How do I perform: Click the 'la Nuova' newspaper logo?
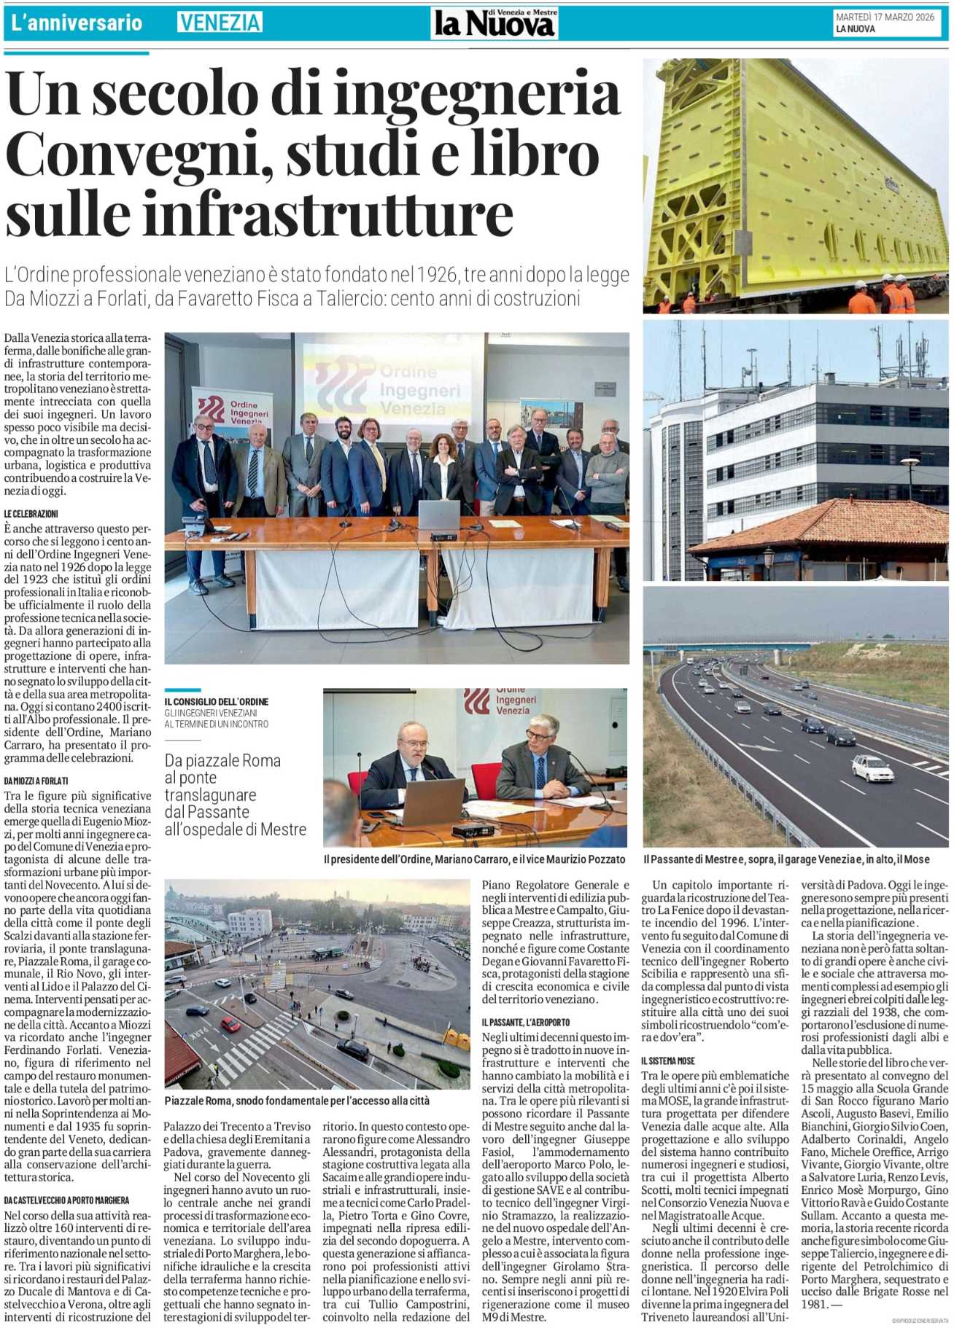coord(495,23)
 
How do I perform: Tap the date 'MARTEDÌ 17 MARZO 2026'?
coord(884,17)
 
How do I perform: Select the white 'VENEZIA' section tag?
coord(220,23)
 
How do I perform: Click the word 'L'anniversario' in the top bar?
coord(76,23)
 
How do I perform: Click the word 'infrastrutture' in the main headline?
coord(260,213)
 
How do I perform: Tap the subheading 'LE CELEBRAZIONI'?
coord(31,514)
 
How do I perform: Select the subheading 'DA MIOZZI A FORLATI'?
coord(36,781)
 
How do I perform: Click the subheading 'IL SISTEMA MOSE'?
coord(668,1061)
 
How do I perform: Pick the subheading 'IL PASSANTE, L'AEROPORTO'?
coord(525,1023)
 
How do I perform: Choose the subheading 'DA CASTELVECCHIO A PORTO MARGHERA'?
coord(66,1200)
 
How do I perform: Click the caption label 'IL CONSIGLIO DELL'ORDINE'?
coord(216,701)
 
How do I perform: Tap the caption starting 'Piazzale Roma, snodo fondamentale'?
coord(297,1100)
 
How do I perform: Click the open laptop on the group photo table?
coord(438,515)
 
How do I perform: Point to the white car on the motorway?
coord(872,767)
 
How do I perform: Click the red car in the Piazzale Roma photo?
coord(230,1024)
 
